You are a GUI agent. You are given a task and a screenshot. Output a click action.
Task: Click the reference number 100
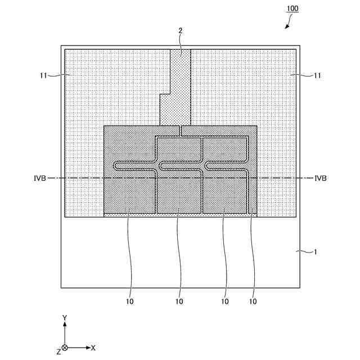[x=294, y=9]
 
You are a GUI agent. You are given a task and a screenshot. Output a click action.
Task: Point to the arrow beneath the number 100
[x=289, y=24]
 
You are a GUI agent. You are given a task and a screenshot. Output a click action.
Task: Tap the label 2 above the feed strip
[x=180, y=31]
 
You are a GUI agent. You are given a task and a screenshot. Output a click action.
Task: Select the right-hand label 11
[x=318, y=75]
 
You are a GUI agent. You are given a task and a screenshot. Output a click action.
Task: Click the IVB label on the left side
[x=39, y=178]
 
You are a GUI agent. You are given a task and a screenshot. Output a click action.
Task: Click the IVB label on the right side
[x=321, y=178]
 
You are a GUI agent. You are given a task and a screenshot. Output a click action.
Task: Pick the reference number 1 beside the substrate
[x=316, y=253]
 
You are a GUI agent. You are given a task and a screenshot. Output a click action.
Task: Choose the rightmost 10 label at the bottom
[x=253, y=301]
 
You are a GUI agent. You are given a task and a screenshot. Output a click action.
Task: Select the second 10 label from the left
[x=179, y=301]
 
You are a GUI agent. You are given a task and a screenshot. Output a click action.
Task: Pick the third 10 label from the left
[x=225, y=301]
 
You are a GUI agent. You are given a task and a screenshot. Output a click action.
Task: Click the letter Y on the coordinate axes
[x=65, y=318]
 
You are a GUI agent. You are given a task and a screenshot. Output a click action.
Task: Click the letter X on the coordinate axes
[x=93, y=348]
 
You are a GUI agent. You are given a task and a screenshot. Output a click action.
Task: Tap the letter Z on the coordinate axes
[x=58, y=352]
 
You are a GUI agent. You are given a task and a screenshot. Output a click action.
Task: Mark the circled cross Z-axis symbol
[x=65, y=348]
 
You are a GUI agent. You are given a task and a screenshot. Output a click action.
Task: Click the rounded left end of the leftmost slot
[x=116, y=165]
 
